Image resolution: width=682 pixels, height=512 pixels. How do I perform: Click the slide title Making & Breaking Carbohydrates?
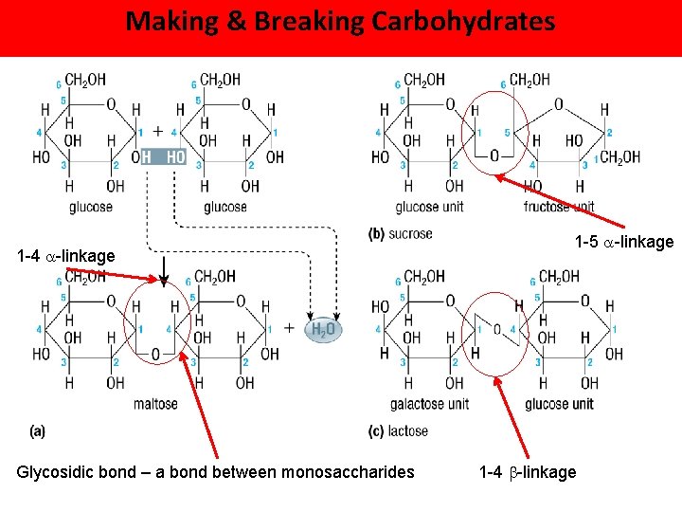click(x=340, y=21)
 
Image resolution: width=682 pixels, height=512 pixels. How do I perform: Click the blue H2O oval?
click(x=324, y=329)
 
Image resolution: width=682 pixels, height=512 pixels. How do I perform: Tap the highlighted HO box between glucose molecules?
click(x=175, y=156)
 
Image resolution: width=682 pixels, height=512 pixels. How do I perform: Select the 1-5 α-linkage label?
click(x=624, y=243)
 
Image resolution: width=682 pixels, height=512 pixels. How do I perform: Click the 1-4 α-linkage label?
click(x=66, y=256)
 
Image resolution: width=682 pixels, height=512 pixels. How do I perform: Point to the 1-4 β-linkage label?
click(x=528, y=472)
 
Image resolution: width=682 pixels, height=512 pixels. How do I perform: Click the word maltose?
click(x=155, y=405)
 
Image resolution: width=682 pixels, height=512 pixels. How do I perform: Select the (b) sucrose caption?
click(x=400, y=233)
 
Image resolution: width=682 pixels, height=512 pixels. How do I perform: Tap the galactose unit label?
click(x=432, y=405)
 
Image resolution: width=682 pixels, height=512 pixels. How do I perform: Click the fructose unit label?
click(x=559, y=207)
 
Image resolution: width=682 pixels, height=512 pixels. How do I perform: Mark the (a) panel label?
click(x=38, y=431)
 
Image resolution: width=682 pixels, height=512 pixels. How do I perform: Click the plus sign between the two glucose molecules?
click(x=157, y=132)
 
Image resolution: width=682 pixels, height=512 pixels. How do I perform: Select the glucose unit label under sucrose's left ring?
click(x=430, y=207)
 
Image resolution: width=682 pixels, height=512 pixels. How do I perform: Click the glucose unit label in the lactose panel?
click(x=559, y=405)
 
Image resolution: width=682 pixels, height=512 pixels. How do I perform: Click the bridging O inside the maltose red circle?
click(x=155, y=354)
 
